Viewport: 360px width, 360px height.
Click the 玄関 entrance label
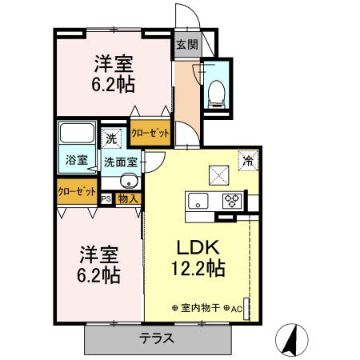click(x=186, y=45)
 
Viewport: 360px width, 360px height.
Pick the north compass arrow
click(x=293, y=340)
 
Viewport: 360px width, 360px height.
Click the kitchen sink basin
click(x=198, y=200)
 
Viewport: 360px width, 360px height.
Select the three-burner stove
click(x=232, y=200)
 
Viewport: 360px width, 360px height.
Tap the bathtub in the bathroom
click(x=78, y=134)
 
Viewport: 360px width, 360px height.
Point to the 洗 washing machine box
click(x=112, y=138)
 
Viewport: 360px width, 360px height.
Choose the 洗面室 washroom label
click(x=120, y=161)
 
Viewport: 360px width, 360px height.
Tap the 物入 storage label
click(x=128, y=198)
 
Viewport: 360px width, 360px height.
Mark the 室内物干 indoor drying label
click(x=200, y=307)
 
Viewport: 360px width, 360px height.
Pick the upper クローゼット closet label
click(x=150, y=133)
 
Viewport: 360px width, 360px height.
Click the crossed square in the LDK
click(x=218, y=174)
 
